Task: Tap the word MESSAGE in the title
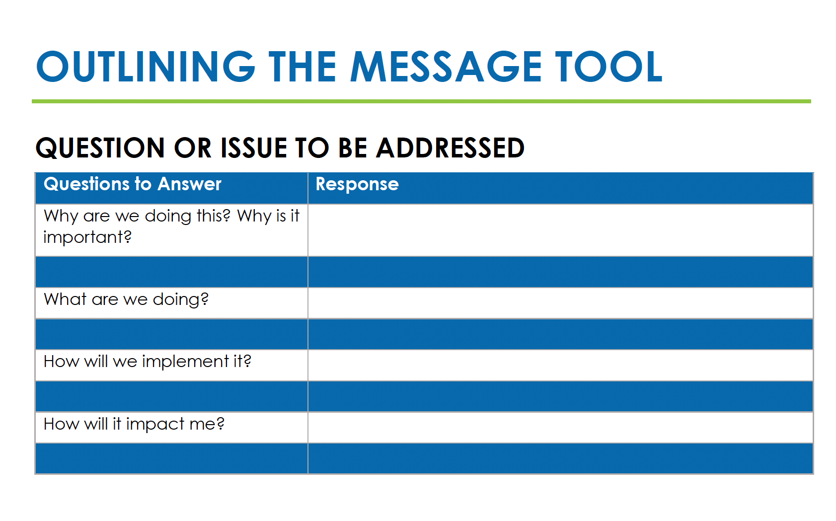click(446, 67)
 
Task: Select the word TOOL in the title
click(608, 67)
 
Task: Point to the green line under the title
click(421, 101)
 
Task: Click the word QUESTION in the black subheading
click(100, 148)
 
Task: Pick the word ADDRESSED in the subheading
click(450, 148)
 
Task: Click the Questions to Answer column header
click(133, 184)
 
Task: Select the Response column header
click(357, 184)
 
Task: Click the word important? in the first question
click(87, 237)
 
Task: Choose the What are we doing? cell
click(171, 302)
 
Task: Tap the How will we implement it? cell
click(171, 365)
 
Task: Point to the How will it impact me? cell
click(171, 427)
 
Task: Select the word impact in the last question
click(155, 424)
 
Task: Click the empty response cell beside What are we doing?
click(560, 302)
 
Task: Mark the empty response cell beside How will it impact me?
click(560, 427)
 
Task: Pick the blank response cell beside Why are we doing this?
click(560, 230)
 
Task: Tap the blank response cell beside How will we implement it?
click(560, 365)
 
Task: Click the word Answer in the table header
click(189, 184)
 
